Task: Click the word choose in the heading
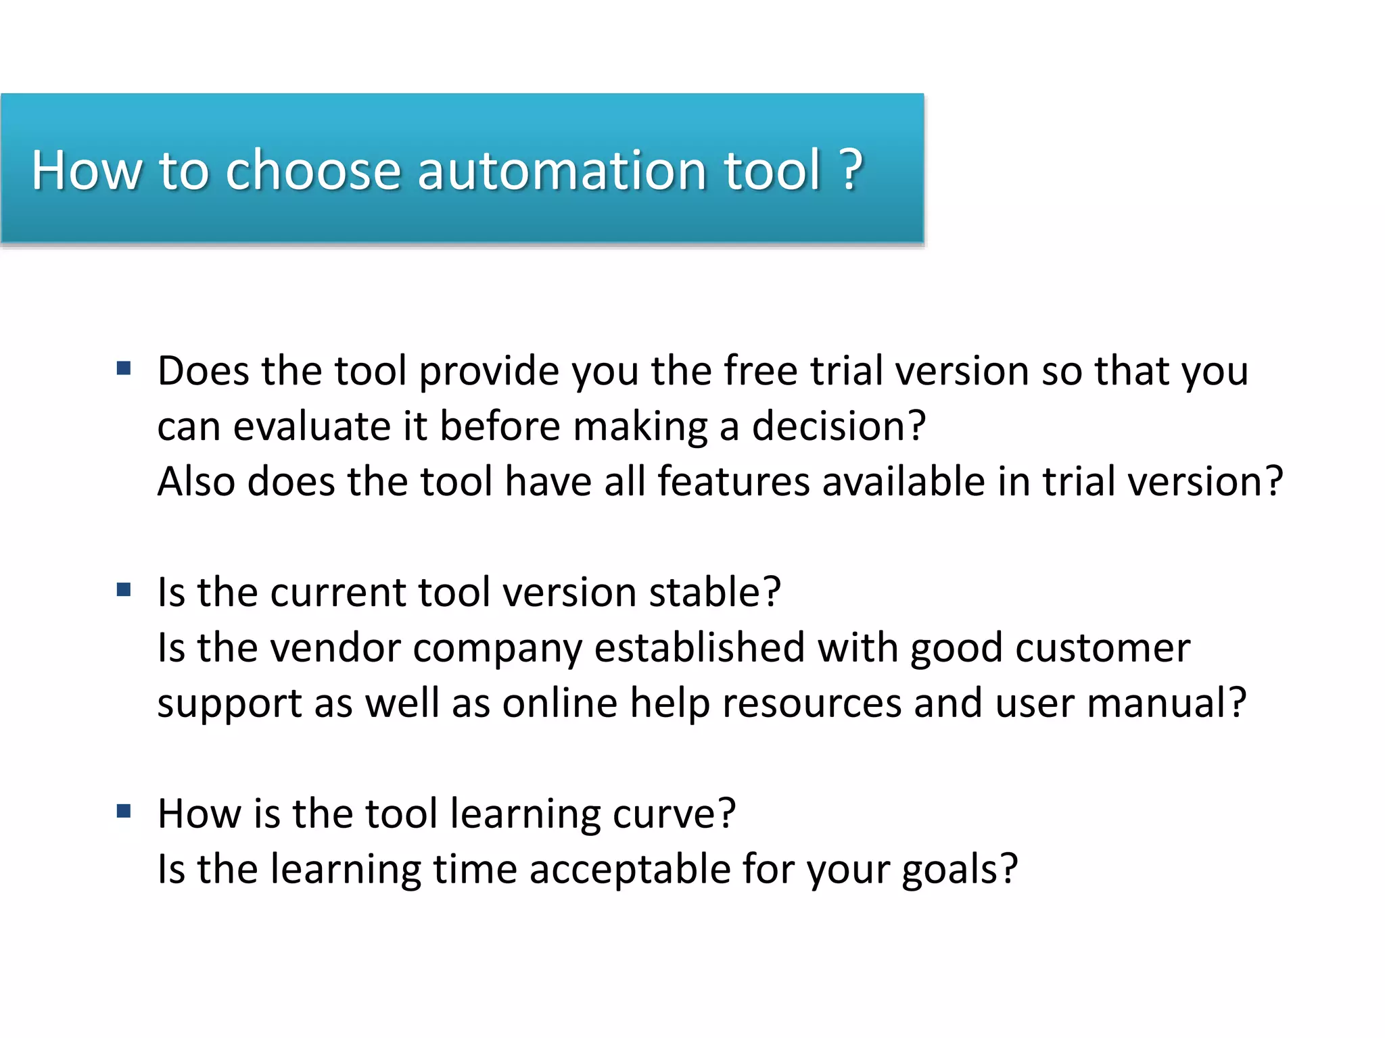[313, 170]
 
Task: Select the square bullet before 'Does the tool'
[124, 369]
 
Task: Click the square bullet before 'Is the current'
[124, 590]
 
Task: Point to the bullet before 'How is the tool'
[124, 811]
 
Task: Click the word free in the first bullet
[760, 371]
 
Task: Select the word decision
[839, 427]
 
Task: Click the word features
[733, 482]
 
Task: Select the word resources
[812, 703]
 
